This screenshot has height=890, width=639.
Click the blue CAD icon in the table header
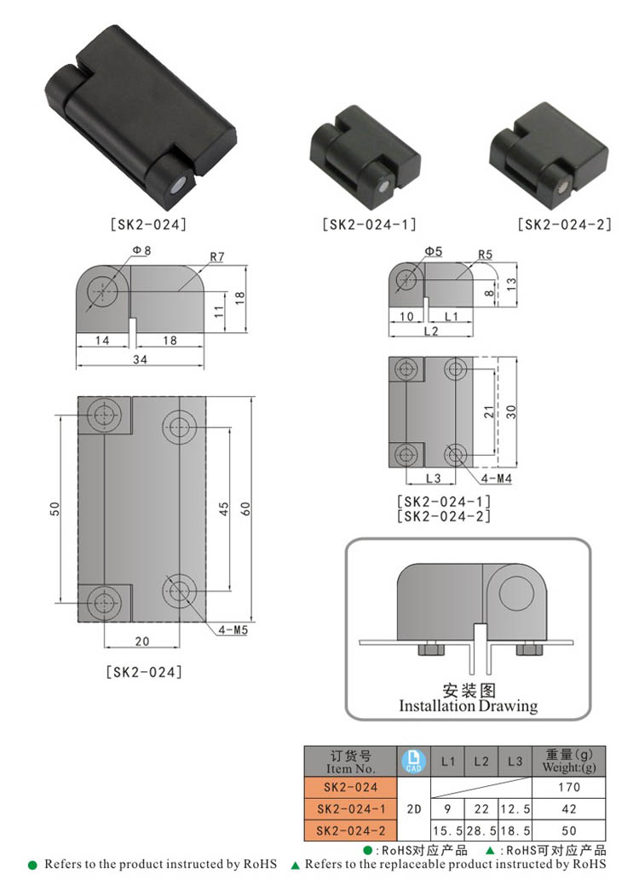pos(413,761)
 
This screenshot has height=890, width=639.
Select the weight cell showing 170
pos(568,787)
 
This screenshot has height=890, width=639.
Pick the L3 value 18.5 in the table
pos(515,831)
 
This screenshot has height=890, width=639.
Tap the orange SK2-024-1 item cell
pos(351,809)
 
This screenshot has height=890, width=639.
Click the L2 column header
pos(481,761)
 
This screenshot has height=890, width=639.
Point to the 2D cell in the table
pos(414,809)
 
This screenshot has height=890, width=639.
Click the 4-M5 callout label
pos(233,629)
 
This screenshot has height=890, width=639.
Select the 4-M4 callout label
pos(496,479)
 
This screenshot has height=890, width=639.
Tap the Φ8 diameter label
pos(141,250)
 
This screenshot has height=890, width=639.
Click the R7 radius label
pos(217,256)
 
